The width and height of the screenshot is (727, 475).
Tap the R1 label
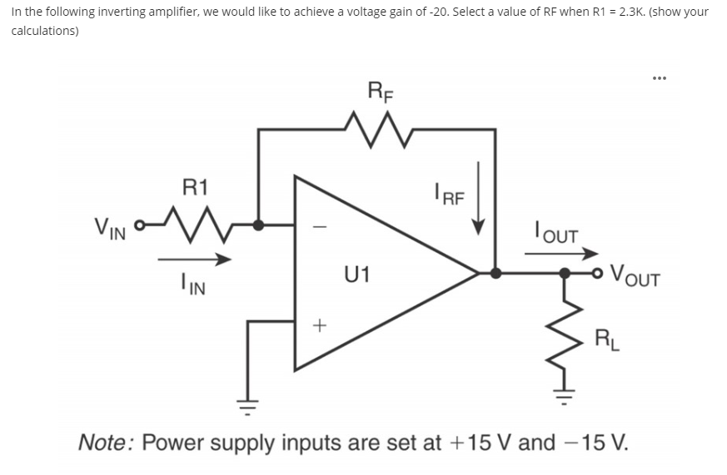click(195, 186)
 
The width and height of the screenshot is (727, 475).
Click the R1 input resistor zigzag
click(196, 223)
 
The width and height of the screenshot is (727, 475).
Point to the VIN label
click(110, 226)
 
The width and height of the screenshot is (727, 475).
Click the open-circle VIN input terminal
click(140, 225)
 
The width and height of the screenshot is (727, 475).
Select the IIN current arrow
click(195, 260)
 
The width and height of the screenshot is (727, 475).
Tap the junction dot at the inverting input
click(259, 225)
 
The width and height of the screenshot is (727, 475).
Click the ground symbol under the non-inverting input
click(247, 409)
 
